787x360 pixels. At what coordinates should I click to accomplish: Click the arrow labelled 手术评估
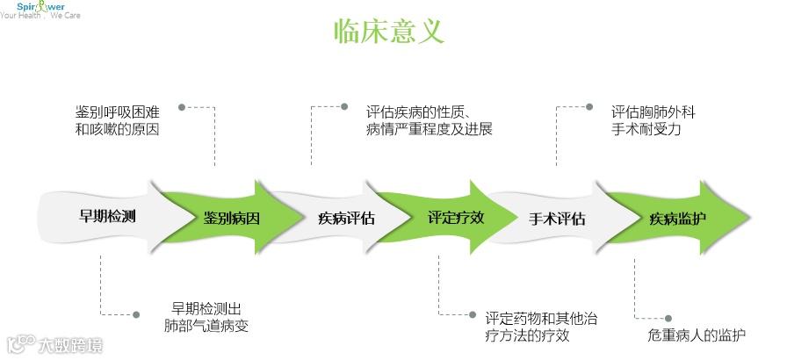557,219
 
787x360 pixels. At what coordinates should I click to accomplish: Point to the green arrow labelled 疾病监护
677,219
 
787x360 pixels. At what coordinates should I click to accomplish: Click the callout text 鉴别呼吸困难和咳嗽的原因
117,121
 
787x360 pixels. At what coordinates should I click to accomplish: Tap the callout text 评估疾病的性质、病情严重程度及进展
429,121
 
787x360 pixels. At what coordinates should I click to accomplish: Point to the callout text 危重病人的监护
697,335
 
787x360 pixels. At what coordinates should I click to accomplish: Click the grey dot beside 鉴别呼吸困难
182,107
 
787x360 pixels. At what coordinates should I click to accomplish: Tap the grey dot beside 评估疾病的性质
344,107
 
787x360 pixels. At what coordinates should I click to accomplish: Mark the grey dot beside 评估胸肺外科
588,107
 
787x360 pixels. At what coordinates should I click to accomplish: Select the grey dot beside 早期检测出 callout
135,313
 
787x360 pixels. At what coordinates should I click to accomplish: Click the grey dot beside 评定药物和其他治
473,313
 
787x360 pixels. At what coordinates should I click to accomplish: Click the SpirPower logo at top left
40,10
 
